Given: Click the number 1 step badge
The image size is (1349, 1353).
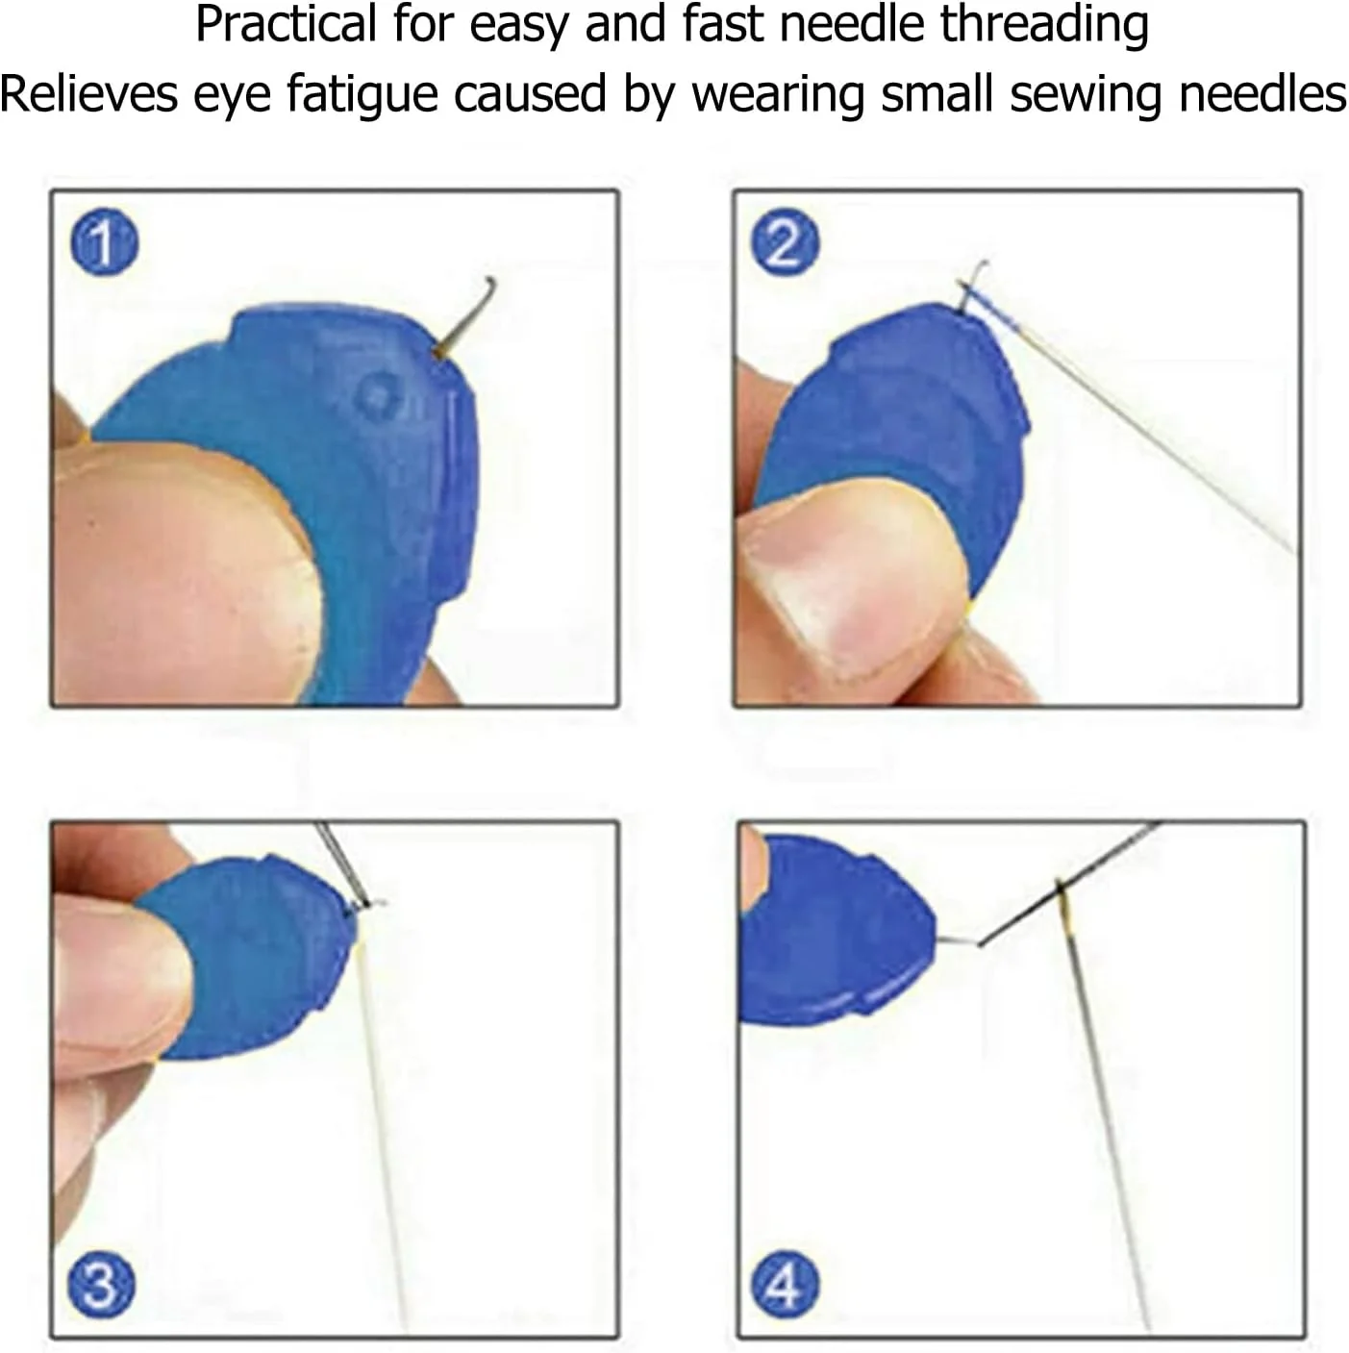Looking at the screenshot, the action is coord(105,241).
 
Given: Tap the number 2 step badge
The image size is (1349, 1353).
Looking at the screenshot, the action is coord(786,243).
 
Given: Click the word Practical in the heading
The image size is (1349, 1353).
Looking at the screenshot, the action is coord(286,25).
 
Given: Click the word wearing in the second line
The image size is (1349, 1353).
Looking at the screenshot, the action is coord(777,95).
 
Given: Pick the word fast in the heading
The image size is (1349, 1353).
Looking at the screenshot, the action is coord(726,25).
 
